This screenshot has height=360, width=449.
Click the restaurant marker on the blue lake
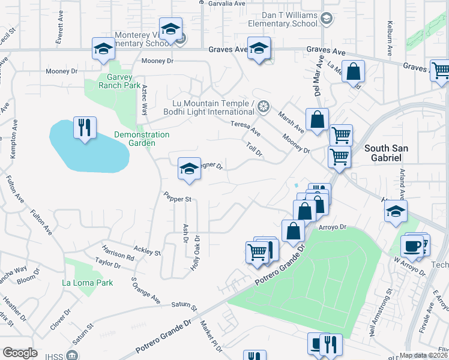point(83,128)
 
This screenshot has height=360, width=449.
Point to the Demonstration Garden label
point(142,139)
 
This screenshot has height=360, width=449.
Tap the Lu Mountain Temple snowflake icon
point(262,107)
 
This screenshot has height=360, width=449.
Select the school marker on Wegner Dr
point(189,169)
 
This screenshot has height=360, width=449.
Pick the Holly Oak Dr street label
point(196,253)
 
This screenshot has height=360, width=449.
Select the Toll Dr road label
point(255,149)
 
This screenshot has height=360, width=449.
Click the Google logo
point(20,353)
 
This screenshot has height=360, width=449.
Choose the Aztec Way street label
point(145,100)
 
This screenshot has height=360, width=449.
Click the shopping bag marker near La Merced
point(354,71)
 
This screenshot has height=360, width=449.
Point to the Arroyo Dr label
point(334,227)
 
